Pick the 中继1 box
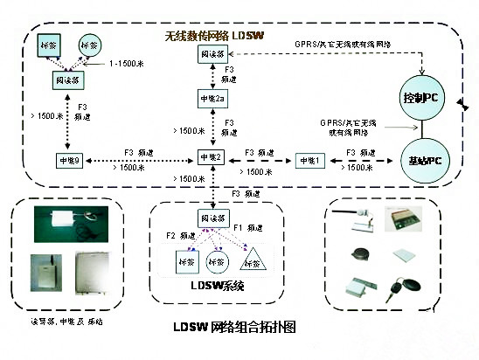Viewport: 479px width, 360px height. click(309, 161)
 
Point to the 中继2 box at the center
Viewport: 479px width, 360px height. click(212, 158)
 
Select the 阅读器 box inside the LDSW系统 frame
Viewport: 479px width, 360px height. click(213, 218)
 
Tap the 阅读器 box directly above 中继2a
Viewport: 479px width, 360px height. click(214, 53)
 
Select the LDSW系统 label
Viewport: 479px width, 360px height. click(214, 286)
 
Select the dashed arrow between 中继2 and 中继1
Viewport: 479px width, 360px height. click(261, 162)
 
